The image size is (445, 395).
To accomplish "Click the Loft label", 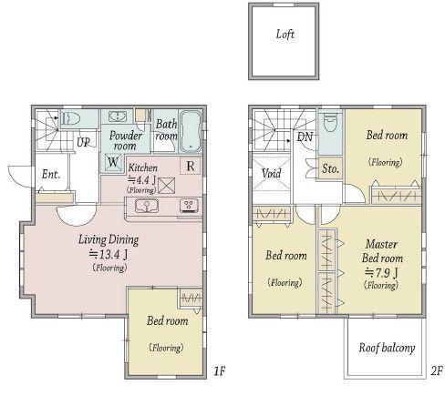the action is pyautogui.click(x=285, y=35).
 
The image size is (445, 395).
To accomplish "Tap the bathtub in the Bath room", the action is pyautogui.click(x=191, y=131).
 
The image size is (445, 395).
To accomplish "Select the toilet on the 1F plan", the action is pyautogui.click(x=71, y=119).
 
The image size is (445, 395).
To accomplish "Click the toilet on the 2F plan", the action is pyautogui.click(x=330, y=123).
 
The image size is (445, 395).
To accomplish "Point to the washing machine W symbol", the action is pyautogui.click(x=113, y=162).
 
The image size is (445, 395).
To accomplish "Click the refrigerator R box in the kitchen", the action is pyautogui.click(x=191, y=166).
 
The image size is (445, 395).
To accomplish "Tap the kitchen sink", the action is pyautogui.click(x=147, y=206).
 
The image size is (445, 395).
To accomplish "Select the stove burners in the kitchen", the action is pyautogui.click(x=190, y=205).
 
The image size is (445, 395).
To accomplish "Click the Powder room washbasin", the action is pyautogui.click(x=118, y=116).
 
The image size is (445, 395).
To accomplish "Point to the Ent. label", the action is pyautogui.click(x=51, y=175).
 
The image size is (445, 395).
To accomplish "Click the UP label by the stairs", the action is pyautogui.click(x=83, y=142).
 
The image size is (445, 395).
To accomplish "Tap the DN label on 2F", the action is pyautogui.click(x=305, y=137).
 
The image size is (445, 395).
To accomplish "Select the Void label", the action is pyautogui.click(x=271, y=174).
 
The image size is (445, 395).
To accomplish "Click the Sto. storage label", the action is pyautogui.click(x=330, y=168).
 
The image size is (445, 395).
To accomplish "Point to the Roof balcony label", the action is pyautogui.click(x=387, y=348).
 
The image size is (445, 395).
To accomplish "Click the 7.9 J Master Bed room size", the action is pyautogui.click(x=381, y=273).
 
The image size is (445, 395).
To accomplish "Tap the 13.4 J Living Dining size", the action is pyautogui.click(x=109, y=254).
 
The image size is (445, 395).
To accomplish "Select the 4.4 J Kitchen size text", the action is pyautogui.click(x=142, y=180).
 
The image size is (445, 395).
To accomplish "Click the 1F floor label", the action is pyautogui.click(x=220, y=371).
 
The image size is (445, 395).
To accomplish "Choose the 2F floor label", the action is pyautogui.click(x=437, y=371).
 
